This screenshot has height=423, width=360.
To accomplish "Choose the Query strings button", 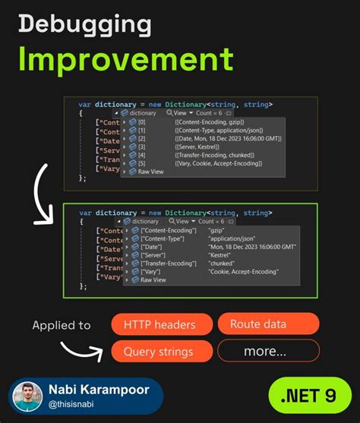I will coord(158,352).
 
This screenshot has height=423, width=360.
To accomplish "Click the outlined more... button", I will coord(264,352).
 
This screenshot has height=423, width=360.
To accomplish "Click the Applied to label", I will coord(62,325).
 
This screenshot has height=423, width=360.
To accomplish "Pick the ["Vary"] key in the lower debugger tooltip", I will coord(153,271).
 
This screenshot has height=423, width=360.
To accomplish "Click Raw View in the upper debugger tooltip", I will coord(152,172).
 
